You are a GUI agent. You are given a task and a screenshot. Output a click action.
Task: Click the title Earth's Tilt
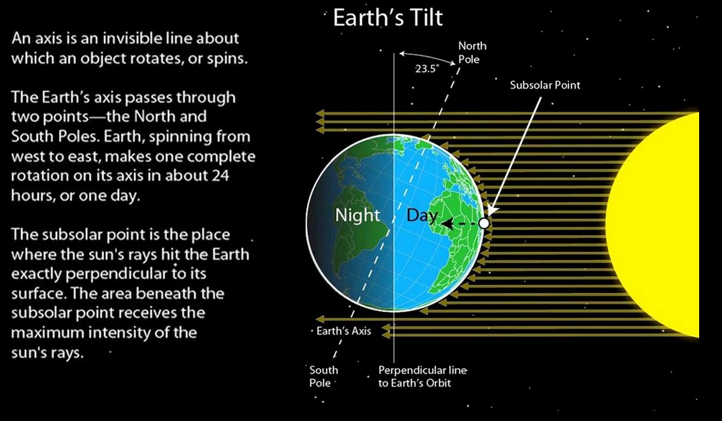387,17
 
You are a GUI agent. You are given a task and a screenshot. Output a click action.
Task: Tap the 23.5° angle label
427,69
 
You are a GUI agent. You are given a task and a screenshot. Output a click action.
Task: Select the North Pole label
472,52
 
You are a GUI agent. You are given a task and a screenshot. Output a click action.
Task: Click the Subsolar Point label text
545,85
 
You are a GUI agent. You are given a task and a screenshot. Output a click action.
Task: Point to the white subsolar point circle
484,223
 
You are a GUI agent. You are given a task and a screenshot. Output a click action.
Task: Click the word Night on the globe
357,215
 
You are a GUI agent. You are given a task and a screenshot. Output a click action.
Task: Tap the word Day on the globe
422,215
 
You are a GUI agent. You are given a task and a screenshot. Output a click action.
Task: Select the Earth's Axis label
344,331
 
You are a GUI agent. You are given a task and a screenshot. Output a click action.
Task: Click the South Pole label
324,376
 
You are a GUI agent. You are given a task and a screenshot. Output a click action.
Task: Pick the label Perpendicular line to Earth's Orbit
422,376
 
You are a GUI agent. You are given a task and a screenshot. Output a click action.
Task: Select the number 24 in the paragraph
220,176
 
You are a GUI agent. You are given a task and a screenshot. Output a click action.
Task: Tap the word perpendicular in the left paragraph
117,274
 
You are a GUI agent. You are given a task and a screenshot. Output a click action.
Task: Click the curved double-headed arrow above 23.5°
427,57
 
